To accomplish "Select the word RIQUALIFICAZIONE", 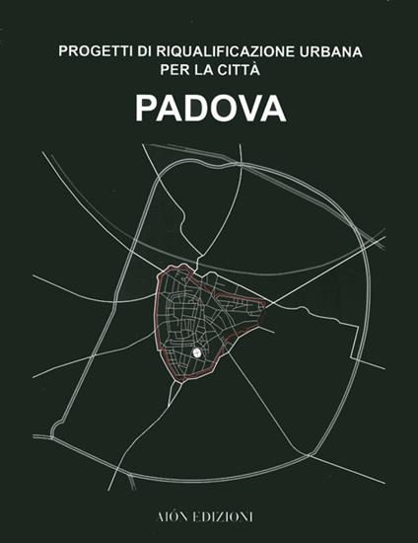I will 216,50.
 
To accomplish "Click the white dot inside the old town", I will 196,351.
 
